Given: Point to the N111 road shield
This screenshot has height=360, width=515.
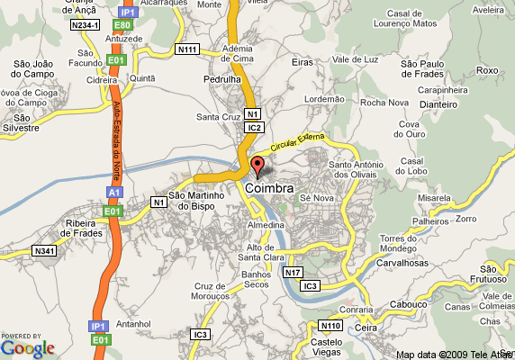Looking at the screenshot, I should click(187, 49).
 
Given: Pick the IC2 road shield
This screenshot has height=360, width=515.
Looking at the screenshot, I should click(255, 128).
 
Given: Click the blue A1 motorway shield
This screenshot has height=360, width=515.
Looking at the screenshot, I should click(113, 193).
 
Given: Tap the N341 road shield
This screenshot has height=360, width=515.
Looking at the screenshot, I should click(45, 249).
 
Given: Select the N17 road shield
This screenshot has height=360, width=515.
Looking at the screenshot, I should click(293, 272).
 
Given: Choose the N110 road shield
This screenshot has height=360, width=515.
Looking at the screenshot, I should click(329, 325).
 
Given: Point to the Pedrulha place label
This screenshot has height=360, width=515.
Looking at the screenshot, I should click(221, 79).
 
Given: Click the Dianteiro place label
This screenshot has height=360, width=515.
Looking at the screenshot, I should click(438, 103).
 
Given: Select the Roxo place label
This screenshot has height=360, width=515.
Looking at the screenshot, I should click(486, 70).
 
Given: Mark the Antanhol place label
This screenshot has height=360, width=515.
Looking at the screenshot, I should click(133, 323).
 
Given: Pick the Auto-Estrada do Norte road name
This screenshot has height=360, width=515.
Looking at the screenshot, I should click(117, 139).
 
